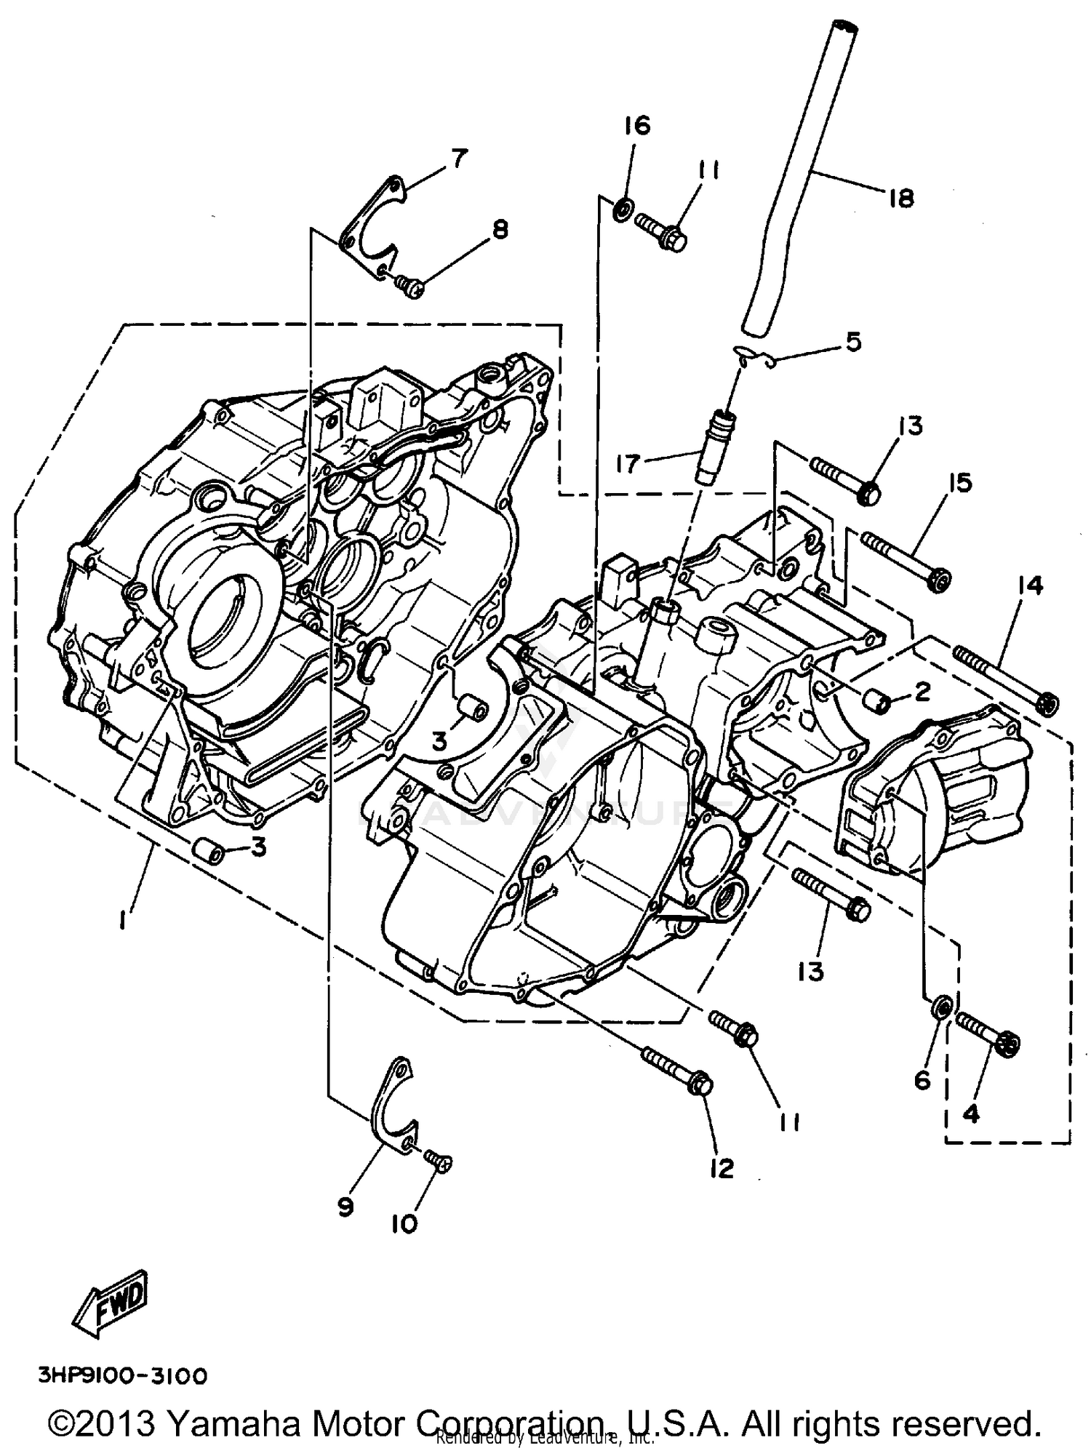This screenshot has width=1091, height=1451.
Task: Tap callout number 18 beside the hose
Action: [900, 198]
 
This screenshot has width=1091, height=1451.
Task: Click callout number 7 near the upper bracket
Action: [459, 158]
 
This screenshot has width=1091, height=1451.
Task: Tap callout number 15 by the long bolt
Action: [960, 482]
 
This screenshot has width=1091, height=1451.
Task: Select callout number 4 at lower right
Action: [972, 1112]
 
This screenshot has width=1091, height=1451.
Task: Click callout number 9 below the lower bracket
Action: [345, 1207]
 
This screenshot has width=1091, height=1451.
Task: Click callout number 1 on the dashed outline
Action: [123, 922]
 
